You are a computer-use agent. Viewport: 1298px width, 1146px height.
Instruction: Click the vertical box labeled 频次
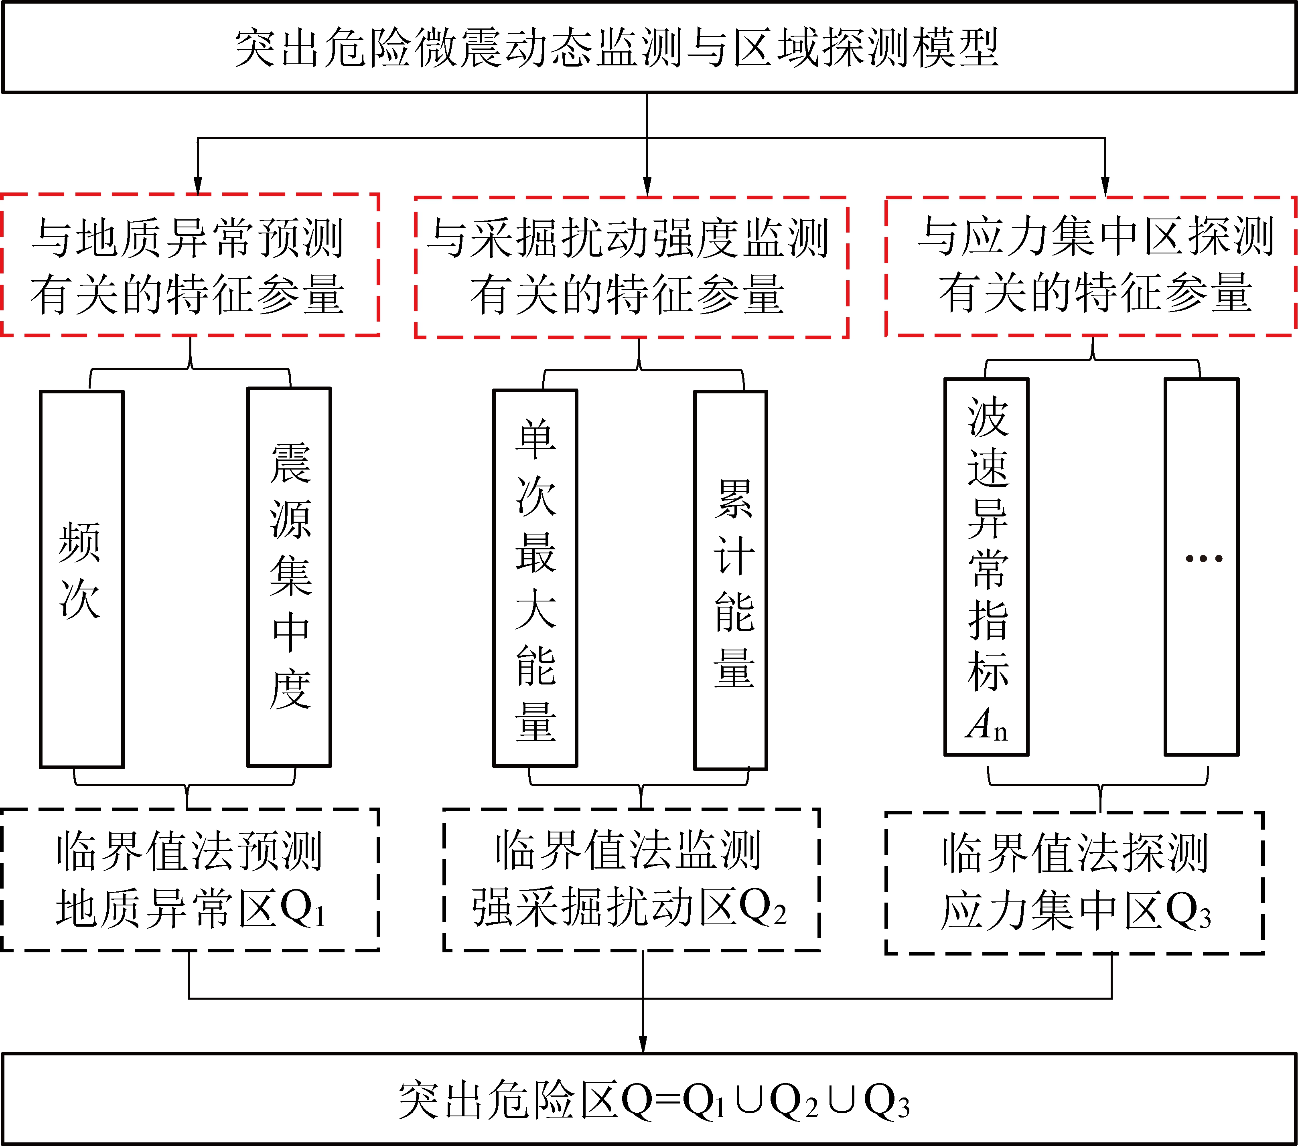coord(81,579)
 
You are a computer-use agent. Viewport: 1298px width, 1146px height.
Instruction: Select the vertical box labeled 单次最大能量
coord(535,578)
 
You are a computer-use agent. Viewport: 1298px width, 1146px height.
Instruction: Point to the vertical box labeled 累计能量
coord(730,580)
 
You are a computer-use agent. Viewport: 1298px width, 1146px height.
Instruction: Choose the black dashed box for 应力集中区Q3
coord(1074,883)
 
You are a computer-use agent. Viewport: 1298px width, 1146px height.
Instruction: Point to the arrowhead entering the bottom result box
coord(643,1045)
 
